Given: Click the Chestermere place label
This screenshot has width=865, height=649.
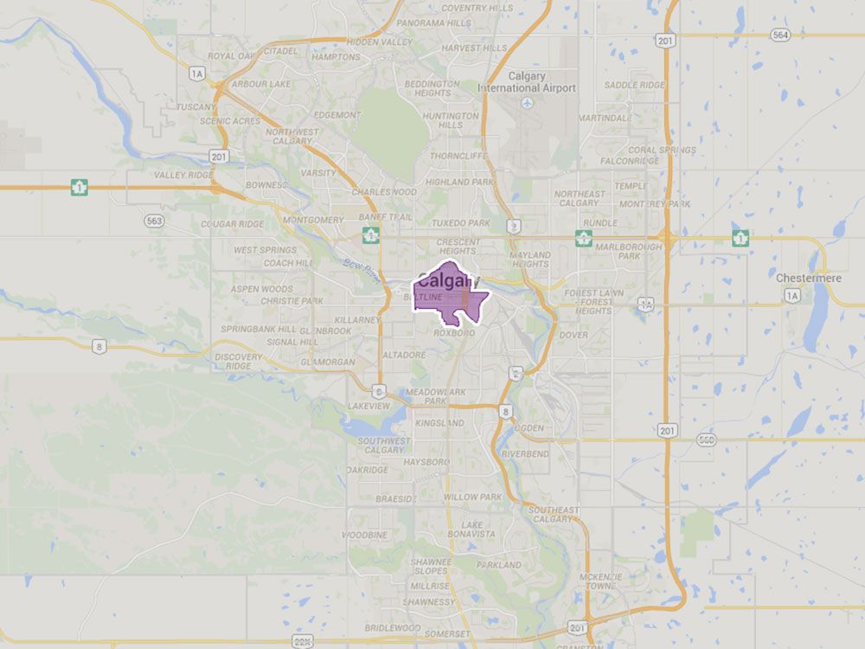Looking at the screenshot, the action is click(804, 277).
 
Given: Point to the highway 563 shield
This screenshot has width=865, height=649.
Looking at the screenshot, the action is click(154, 221).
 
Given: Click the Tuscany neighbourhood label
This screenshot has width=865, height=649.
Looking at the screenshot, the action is click(195, 107).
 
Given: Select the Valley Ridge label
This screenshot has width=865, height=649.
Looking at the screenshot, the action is click(183, 175).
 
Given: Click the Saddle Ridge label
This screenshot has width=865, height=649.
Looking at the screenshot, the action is click(634, 85).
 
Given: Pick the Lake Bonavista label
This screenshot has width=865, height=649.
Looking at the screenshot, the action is click(471, 530).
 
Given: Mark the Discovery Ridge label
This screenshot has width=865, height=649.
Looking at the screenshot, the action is click(238, 361).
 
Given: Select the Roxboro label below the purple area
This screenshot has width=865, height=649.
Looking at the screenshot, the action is click(455, 333).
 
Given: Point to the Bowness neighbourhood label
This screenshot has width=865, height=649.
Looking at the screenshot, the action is click(266, 185).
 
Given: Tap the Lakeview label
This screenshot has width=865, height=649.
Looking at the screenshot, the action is click(367, 405).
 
